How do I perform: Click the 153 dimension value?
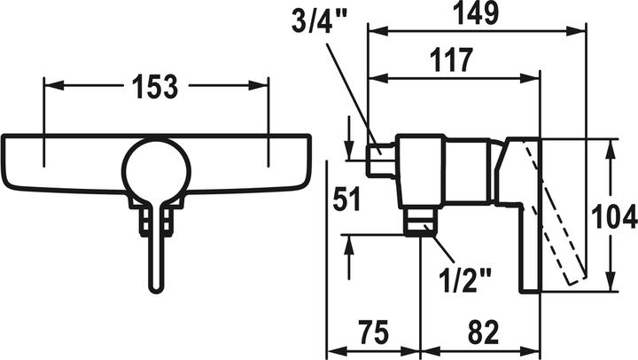pos(157,88)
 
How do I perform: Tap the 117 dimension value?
pos(452,60)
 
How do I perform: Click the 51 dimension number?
pos(346,200)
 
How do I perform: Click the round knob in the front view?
pos(156,168)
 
